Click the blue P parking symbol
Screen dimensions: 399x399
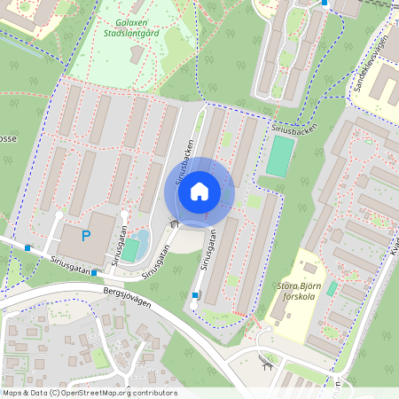pyautogui.click(x=86, y=236)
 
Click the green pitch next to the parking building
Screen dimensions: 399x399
pyautogui.click(x=131, y=250)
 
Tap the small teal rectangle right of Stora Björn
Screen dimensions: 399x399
pyautogui.click(x=332, y=289)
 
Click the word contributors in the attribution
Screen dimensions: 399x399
pyautogui.click(x=151, y=392)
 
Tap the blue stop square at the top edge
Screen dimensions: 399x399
pyautogui.click(x=325, y=3)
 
